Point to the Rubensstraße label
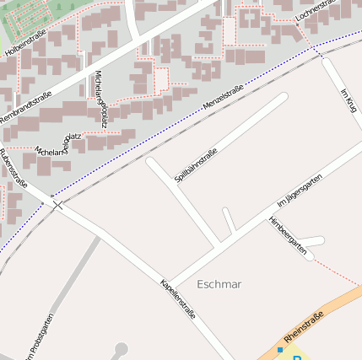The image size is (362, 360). pos(14,168)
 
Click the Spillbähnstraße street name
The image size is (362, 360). pos(196,165)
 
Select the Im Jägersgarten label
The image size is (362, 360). pos(300,191)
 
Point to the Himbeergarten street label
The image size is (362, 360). pos(287,235)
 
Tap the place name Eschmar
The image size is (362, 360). pos(219,284)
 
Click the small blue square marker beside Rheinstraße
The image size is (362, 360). pos(280,349)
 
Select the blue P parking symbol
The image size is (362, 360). pos(297,357)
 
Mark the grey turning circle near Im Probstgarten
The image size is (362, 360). pos(121,348)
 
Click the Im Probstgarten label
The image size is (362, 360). pos(39,337)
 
